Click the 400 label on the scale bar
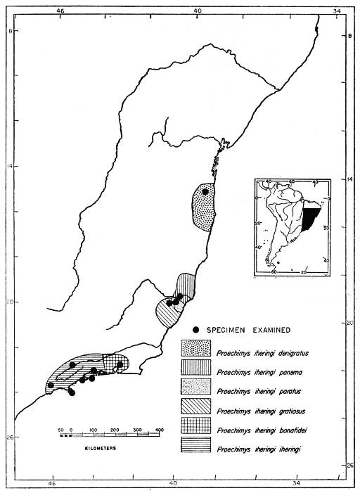coord(159,428)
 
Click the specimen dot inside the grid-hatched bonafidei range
coord(120,364)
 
